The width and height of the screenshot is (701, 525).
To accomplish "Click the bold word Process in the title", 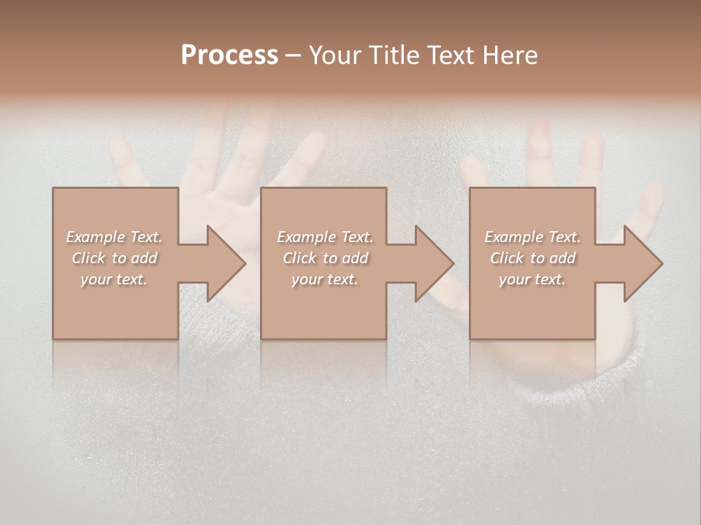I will (229, 55).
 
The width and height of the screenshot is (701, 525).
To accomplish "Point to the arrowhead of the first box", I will (223, 263).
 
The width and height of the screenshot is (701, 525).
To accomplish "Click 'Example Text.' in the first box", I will (115, 237).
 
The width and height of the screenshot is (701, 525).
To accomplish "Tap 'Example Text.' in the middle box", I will (325, 237).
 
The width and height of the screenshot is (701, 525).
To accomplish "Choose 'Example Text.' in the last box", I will (532, 237).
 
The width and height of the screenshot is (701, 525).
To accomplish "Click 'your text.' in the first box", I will (115, 279).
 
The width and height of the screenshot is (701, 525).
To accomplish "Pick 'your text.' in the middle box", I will (325, 279).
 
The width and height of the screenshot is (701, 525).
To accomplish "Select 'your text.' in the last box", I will (532, 279).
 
